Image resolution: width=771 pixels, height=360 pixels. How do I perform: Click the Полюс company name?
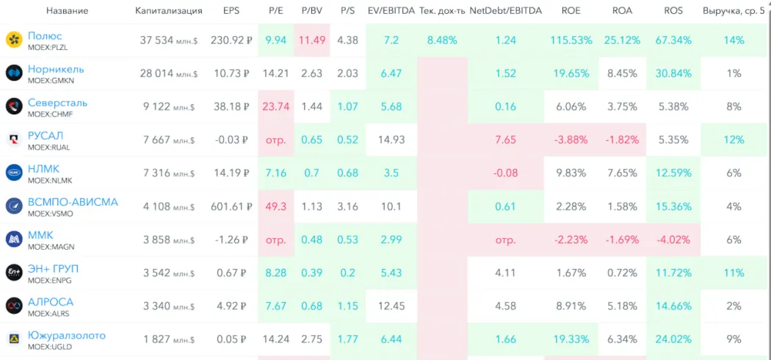pyautogui.click(x=45, y=36)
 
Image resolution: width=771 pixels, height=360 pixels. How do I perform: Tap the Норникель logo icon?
pyautogui.click(x=14, y=73)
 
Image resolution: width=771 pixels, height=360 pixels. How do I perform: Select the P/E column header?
pyautogui.click(x=275, y=11)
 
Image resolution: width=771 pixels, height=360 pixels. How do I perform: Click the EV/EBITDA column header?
pyautogui.click(x=391, y=11)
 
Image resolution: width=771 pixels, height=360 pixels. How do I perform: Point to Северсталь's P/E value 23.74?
pyautogui.click(x=275, y=107)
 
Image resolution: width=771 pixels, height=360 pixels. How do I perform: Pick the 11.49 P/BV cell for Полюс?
pyautogui.click(x=311, y=40)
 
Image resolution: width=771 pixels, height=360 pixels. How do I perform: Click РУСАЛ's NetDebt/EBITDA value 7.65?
pyautogui.click(x=505, y=140)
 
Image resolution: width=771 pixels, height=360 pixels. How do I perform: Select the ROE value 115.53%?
pyautogui.click(x=571, y=40)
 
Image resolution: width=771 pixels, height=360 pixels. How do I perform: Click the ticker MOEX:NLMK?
pyautogui.click(x=49, y=180)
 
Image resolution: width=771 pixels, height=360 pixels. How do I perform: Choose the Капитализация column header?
pyautogui.click(x=169, y=11)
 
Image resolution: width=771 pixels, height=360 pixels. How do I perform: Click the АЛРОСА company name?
pyautogui.click(x=51, y=302)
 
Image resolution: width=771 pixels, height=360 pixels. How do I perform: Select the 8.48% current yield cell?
pyautogui.click(x=441, y=40)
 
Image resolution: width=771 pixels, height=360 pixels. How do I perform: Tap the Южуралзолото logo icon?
pyautogui.click(x=14, y=339)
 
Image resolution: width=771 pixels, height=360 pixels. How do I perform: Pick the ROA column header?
pyautogui.click(x=621, y=11)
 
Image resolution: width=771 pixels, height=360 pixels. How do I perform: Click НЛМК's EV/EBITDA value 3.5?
pyautogui.click(x=391, y=173)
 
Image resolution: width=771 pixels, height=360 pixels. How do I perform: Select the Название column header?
pyautogui.click(x=67, y=11)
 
